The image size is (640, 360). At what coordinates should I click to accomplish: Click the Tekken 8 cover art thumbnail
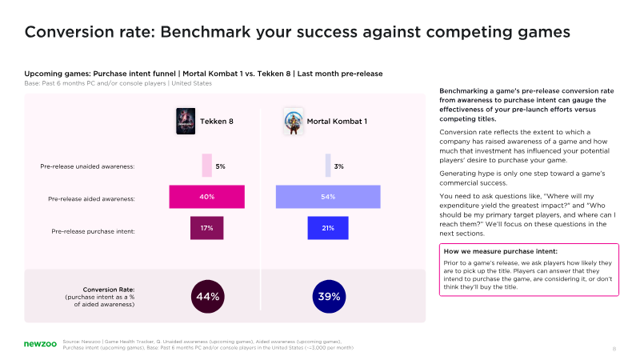click(185, 121)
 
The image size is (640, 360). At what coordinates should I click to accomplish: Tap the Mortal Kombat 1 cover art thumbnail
click(294, 122)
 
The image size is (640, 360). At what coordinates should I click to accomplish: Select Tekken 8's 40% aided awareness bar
click(206, 197)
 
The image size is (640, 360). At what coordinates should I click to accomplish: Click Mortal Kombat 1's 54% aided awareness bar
click(328, 197)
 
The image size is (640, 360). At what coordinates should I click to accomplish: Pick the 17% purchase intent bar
click(206, 228)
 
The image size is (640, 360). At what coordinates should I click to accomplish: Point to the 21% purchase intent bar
click(328, 228)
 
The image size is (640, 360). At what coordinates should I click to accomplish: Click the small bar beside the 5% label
click(206, 166)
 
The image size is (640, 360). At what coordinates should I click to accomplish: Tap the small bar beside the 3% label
click(328, 166)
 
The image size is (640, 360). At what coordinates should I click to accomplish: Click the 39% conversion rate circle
click(328, 296)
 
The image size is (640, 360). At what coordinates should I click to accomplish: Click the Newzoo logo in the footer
click(38, 344)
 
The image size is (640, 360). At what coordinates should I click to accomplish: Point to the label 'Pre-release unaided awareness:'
click(87, 166)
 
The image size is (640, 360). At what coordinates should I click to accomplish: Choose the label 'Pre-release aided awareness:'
click(91, 198)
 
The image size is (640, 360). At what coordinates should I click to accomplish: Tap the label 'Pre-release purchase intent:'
click(93, 231)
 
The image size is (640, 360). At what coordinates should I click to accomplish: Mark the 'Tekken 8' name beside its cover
click(216, 122)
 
